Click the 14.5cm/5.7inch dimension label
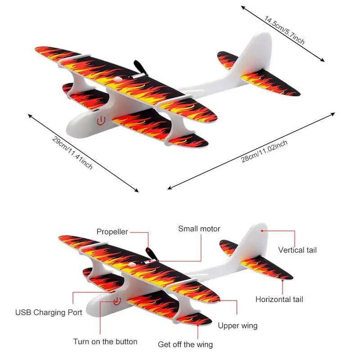coord(284,30)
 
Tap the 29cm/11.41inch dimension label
coord(72,153)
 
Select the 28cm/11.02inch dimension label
coord(264,151)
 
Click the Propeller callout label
coord(112,232)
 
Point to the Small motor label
coord(199,229)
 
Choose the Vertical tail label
coord(297,250)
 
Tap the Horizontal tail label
coord(279,299)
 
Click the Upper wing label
coord(238,326)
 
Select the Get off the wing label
coord(185,345)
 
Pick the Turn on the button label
coord(105,342)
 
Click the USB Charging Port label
coord(49,312)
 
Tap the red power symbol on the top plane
coord(101,121)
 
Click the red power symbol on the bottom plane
coord(117,301)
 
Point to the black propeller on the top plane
coord(140,68)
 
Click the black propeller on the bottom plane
coord(152,254)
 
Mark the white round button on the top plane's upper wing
coord(118,80)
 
